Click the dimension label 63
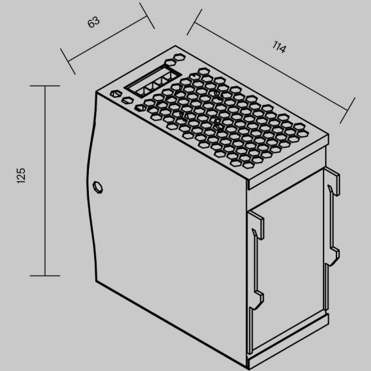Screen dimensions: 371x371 (x=93, y=22)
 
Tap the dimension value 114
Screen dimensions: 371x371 (x=279, y=47)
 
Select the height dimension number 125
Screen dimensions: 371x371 (x=21, y=175)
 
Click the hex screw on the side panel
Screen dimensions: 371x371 (x=97, y=187)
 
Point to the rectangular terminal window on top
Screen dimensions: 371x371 (x=153, y=81)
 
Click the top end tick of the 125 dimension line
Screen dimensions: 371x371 (x=45, y=86)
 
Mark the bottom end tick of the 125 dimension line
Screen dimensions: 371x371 (x=45, y=276)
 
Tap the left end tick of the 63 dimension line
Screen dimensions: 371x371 (x=68, y=61)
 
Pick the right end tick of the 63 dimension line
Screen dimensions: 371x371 (x=147, y=16)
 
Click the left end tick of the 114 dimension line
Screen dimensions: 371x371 (x=194, y=22)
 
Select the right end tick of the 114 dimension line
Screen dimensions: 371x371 (x=347, y=111)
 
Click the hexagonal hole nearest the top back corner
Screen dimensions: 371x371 (x=179, y=57)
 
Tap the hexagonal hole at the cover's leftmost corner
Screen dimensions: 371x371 (x=116, y=93)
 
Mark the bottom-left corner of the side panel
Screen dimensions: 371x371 (x=96, y=281)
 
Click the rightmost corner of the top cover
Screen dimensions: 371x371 (x=328, y=135)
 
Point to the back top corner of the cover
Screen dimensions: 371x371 (x=175, y=45)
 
